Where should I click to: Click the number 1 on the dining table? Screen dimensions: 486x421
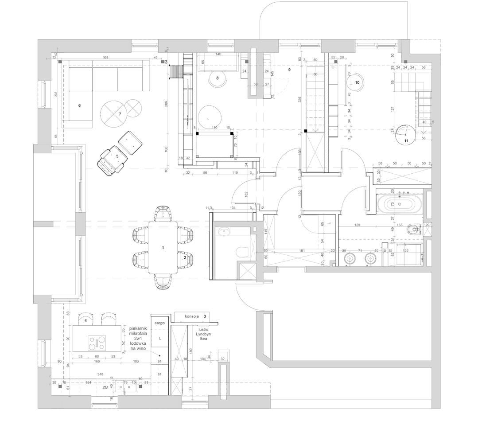click(163, 248)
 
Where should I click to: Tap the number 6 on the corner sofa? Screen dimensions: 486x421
click(79, 105)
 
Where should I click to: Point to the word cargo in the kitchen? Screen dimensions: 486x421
click(159, 323)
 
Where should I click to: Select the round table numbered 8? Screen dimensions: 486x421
click(217, 78)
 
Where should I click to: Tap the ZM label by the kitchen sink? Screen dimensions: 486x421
click(105, 388)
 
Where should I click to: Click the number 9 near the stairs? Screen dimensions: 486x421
click(289, 70)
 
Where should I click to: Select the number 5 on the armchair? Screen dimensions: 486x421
click(117, 156)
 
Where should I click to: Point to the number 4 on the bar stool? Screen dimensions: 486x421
click(86, 320)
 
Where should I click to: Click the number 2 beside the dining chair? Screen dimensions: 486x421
click(185, 257)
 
